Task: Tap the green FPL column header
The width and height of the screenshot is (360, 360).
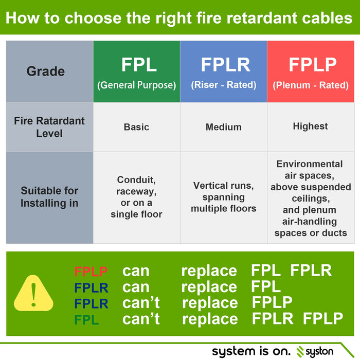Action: [137, 71]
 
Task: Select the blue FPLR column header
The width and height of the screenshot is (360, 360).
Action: [224, 71]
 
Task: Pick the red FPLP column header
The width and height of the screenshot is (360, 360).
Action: [311, 71]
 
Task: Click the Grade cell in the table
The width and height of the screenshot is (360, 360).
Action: [46, 71]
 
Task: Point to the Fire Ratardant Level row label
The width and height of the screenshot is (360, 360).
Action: [49, 127]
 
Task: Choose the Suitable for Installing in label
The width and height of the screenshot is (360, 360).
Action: [49, 197]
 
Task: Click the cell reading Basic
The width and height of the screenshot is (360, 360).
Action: [136, 127]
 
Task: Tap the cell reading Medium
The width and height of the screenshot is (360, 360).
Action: [223, 127]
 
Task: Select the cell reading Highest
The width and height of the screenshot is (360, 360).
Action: [310, 126]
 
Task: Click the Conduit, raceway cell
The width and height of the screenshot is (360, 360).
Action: [136, 197]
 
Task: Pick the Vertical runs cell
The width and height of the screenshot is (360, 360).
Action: [223, 197]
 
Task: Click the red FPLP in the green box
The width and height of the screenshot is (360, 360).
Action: [91, 272]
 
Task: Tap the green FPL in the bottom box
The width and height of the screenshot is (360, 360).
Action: [86, 319]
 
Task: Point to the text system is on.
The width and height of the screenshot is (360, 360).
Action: [251, 351]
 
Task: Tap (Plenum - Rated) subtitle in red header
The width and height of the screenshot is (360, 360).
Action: [311, 85]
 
